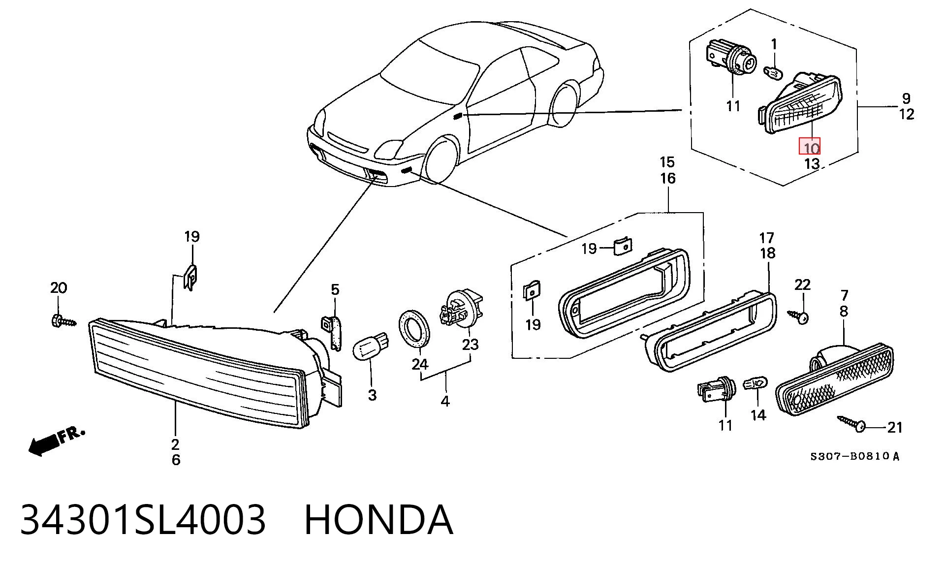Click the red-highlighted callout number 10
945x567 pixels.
pyautogui.click(x=809, y=146)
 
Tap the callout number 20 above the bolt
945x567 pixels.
pyautogui.click(x=59, y=288)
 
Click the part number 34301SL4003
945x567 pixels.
pyautogui.click(x=143, y=520)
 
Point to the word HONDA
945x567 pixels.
pyautogui.click(x=378, y=520)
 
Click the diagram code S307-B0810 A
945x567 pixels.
pyautogui.click(x=855, y=456)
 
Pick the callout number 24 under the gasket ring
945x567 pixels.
pyautogui.click(x=420, y=364)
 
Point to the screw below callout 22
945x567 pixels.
pyautogui.click(x=799, y=315)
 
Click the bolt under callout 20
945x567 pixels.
pyautogui.click(x=63, y=321)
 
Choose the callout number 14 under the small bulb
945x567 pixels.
pyautogui.click(x=758, y=415)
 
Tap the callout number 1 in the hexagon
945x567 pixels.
pyautogui.click(x=774, y=45)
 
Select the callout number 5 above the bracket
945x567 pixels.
pyautogui.click(x=335, y=289)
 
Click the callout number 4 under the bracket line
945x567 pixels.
pyautogui.click(x=445, y=401)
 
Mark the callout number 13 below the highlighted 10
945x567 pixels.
pyautogui.click(x=811, y=163)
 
